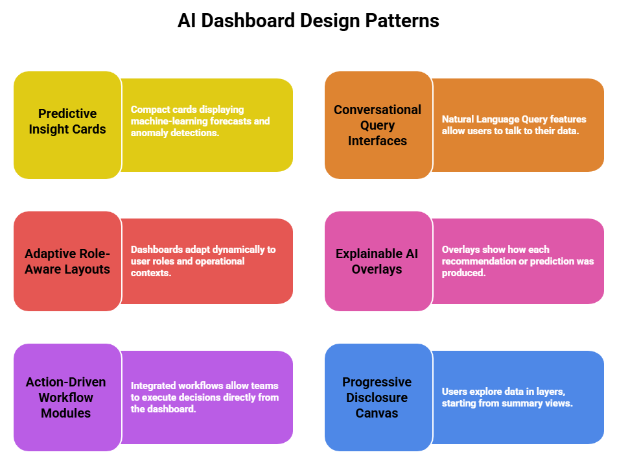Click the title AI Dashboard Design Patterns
[308, 21]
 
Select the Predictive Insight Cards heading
[67, 121]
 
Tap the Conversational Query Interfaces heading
[377, 125]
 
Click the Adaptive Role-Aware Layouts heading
[67, 261]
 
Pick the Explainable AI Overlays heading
[377, 261]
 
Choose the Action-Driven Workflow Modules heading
[67, 397]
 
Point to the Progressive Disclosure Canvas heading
[377, 397]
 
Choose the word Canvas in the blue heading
[377, 413]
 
